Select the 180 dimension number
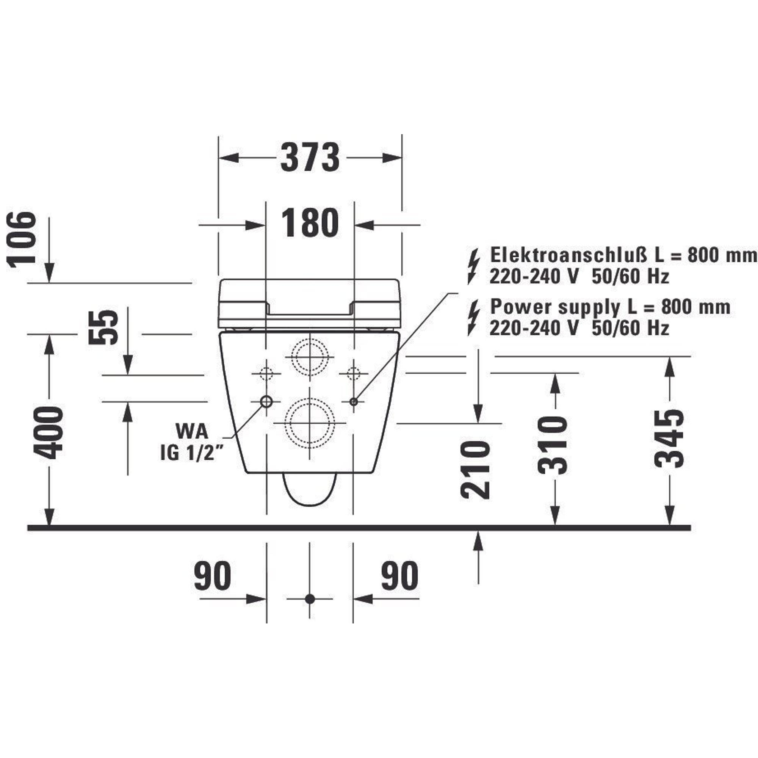click(x=310, y=222)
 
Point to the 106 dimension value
click(x=22, y=237)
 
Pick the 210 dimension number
click(x=476, y=470)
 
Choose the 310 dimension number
click(x=553, y=445)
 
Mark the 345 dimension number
click(x=669, y=439)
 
